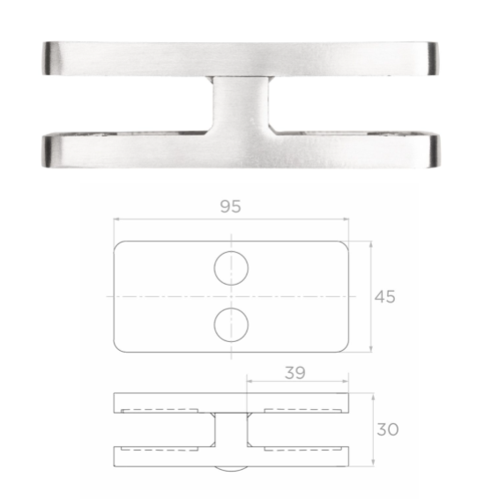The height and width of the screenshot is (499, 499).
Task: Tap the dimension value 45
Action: (x=384, y=296)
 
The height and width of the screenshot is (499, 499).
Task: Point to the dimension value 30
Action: (x=387, y=429)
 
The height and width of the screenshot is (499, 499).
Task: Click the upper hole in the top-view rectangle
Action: (x=231, y=267)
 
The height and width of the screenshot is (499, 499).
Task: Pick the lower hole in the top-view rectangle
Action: (x=231, y=325)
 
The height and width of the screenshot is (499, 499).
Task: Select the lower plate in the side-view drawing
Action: (x=231, y=458)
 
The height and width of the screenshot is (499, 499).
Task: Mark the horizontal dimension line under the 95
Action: (x=230, y=221)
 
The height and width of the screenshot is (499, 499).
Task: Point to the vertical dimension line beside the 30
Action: (x=375, y=429)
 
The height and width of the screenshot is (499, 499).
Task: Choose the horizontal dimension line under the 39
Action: (x=297, y=384)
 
